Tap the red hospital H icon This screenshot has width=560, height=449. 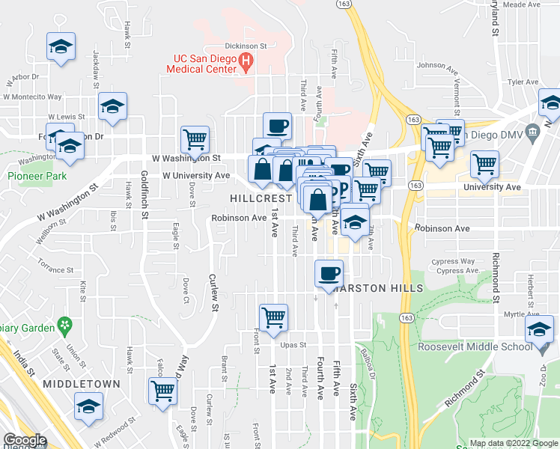(x=244, y=63)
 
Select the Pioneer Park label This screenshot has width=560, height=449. (x=37, y=176)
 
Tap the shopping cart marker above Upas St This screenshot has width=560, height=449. (x=274, y=317)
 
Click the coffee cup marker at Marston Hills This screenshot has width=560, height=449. (x=328, y=273)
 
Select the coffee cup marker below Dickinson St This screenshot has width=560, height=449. (x=277, y=125)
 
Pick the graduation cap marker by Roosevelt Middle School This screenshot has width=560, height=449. (x=540, y=329)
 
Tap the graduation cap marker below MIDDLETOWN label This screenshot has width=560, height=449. (x=88, y=407)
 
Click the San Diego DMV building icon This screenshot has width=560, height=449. (x=532, y=133)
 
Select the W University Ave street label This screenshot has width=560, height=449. (x=196, y=175)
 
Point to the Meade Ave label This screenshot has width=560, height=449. (x=523, y=4)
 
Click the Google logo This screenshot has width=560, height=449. (x=24, y=440)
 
